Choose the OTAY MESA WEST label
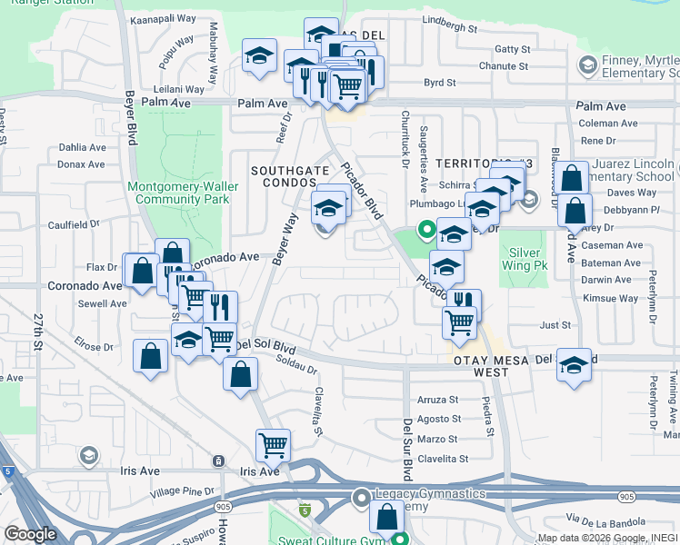tap(493, 366)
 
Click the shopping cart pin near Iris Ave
tap(273, 444)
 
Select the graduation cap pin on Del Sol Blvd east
tap(574, 366)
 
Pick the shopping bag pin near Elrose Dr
tap(150, 356)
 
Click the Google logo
tap(31, 534)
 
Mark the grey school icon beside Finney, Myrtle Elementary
tap(586, 64)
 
